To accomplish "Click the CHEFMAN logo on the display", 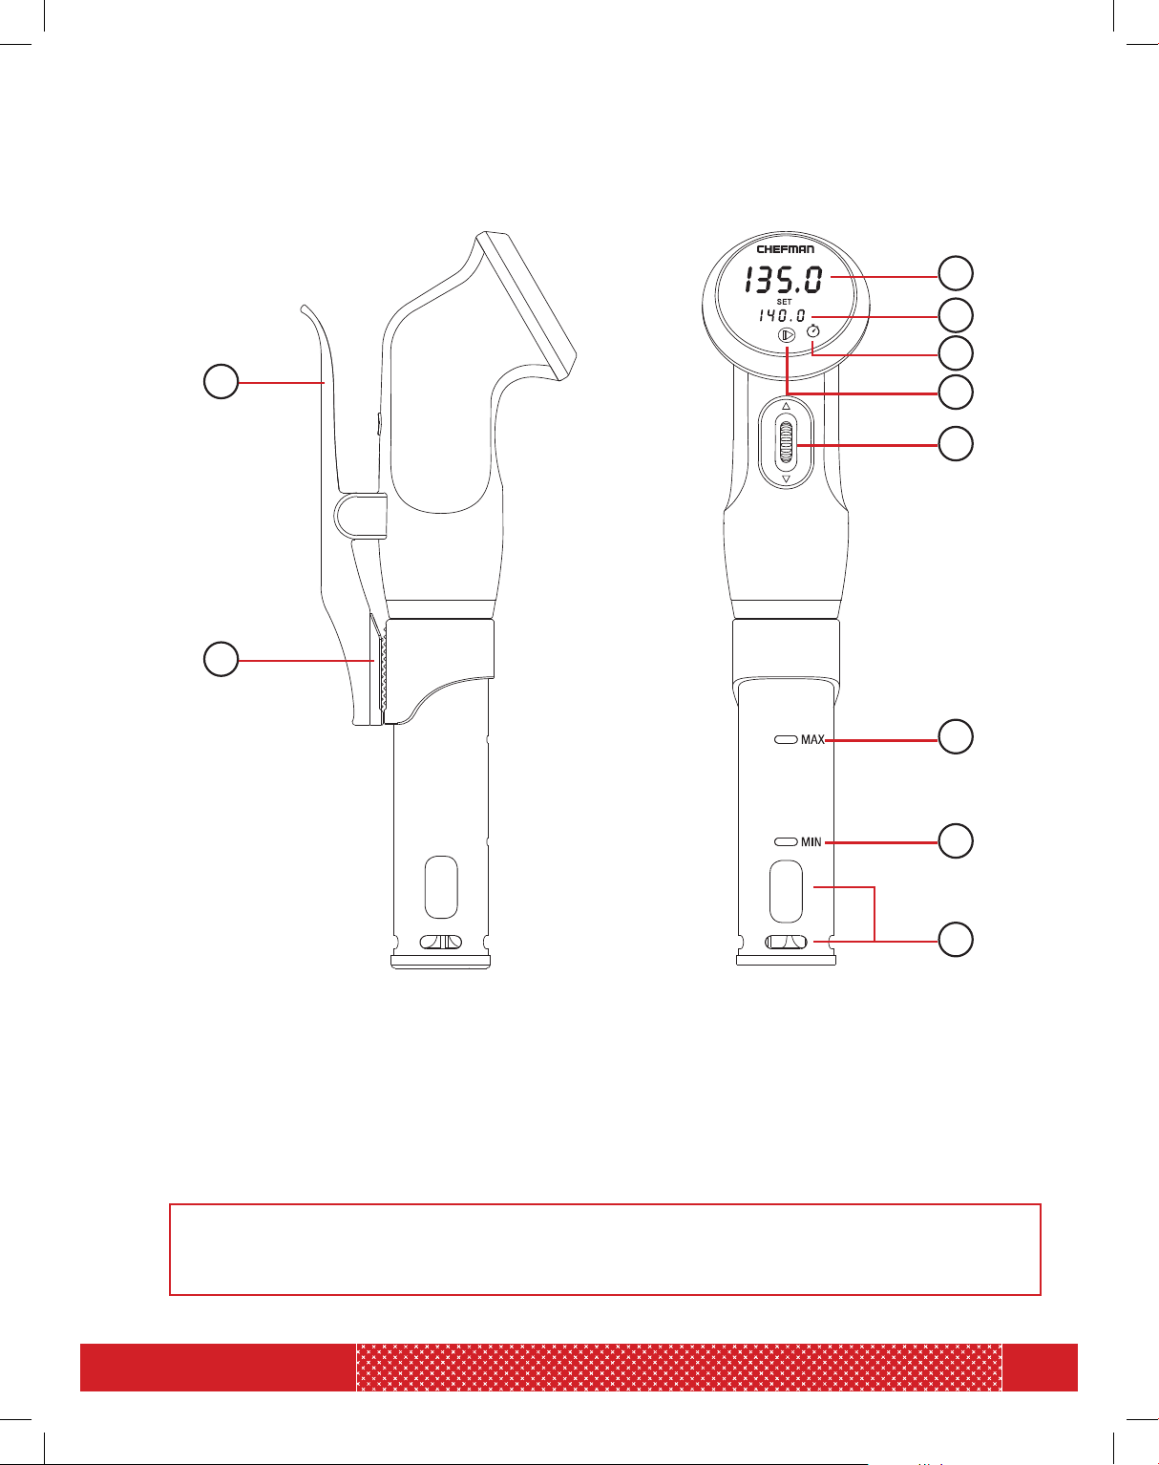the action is (785, 249).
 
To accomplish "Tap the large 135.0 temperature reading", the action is (784, 280).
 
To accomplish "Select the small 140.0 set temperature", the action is (782, 315).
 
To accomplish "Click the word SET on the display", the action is (784, 301).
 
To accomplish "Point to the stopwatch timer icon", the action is (812, 330).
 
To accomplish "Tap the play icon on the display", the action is (786, 335).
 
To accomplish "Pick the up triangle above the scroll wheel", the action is (786, 406).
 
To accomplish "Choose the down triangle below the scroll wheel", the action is (786, 479).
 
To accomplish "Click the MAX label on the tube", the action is (812, 739).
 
